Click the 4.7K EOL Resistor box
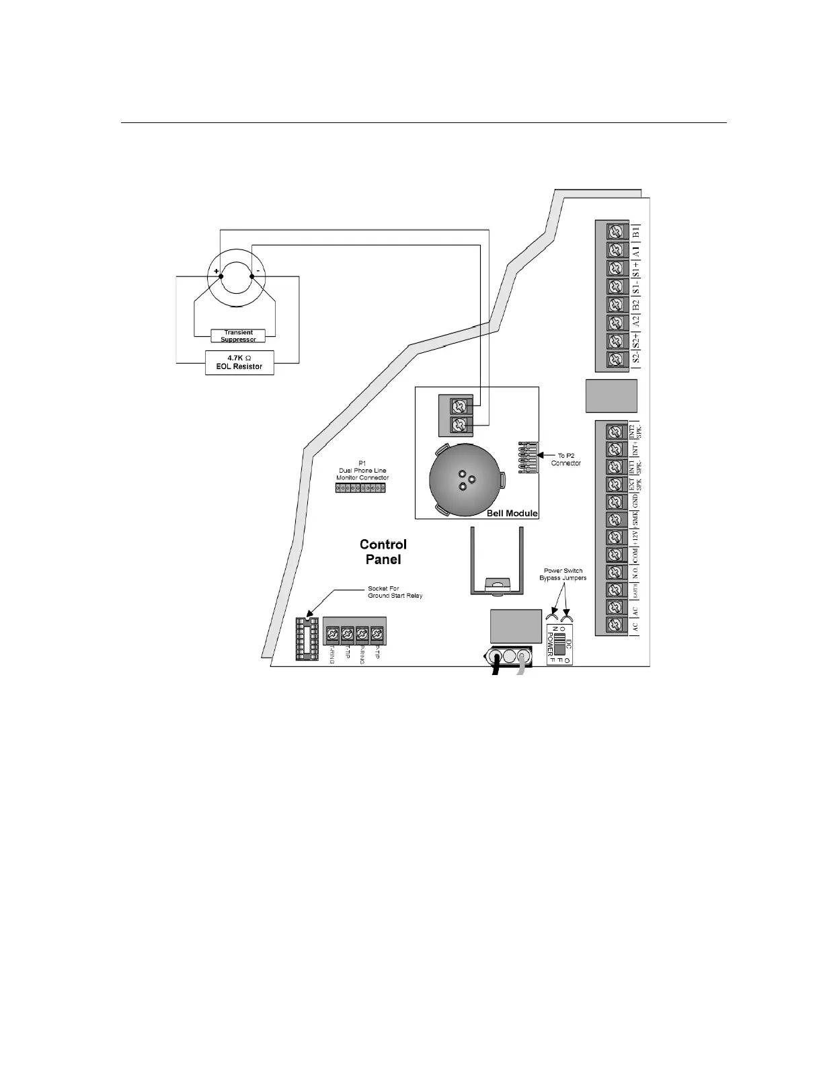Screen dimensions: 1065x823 click(239, 362)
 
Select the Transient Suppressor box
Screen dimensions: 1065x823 click(238, 336)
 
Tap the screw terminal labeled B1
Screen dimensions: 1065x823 click(614, 232)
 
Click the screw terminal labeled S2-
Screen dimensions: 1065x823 click(614, 359)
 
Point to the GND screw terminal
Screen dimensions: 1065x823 click(613, 502)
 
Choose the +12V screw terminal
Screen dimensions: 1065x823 click(613, 537)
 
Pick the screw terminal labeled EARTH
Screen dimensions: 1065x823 click(613, 590)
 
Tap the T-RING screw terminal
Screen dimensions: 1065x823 click(331, 633)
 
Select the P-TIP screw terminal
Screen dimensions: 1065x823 click(377, 633)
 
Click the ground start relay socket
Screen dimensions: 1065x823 click(307, 639)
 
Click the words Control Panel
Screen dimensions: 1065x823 click(383, 551)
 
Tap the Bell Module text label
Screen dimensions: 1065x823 click(512, 513)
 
